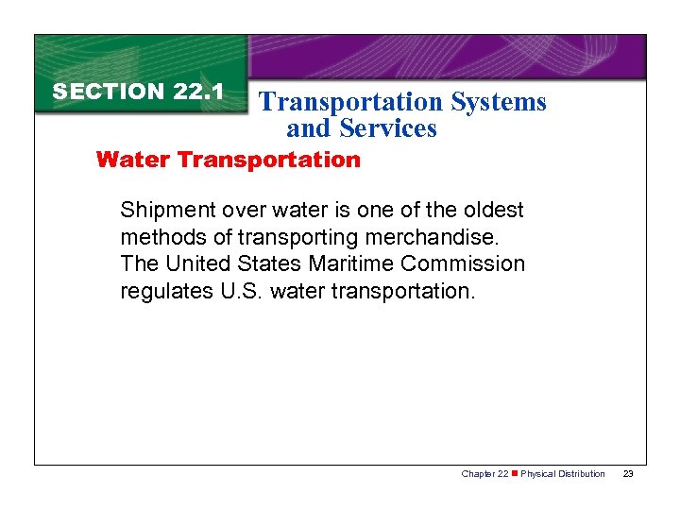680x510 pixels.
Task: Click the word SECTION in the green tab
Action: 109,92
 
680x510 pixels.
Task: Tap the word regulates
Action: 163,292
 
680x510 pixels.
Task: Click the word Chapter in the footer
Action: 478,473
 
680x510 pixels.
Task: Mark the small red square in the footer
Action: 514,473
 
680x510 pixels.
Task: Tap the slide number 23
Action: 628,473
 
